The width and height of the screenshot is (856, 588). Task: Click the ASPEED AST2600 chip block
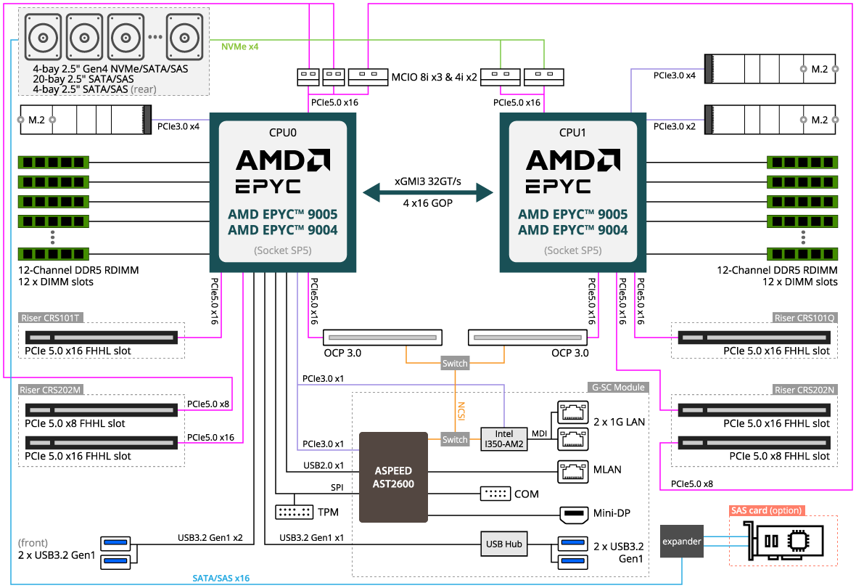(393, 477)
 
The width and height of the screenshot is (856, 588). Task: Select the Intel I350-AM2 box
(503, 439)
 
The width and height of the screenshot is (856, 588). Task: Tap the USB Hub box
(503, 544)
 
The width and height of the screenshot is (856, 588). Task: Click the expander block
(682, 542)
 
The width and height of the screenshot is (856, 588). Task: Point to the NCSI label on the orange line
(460, 412)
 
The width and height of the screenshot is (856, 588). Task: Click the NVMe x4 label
(240, 46)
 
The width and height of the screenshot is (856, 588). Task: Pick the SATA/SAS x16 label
(221, 579)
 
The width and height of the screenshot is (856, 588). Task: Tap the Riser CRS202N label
(805, 390)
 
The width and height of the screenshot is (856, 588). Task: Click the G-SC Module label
(619, 387)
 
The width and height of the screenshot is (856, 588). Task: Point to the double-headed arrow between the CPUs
(428, 192)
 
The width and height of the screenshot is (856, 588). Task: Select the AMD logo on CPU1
(573, 160)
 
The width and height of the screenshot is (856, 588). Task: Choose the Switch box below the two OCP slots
(455, 363)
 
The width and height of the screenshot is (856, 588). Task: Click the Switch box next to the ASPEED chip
(455, 440)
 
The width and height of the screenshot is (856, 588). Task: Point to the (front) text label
(33, 543)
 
